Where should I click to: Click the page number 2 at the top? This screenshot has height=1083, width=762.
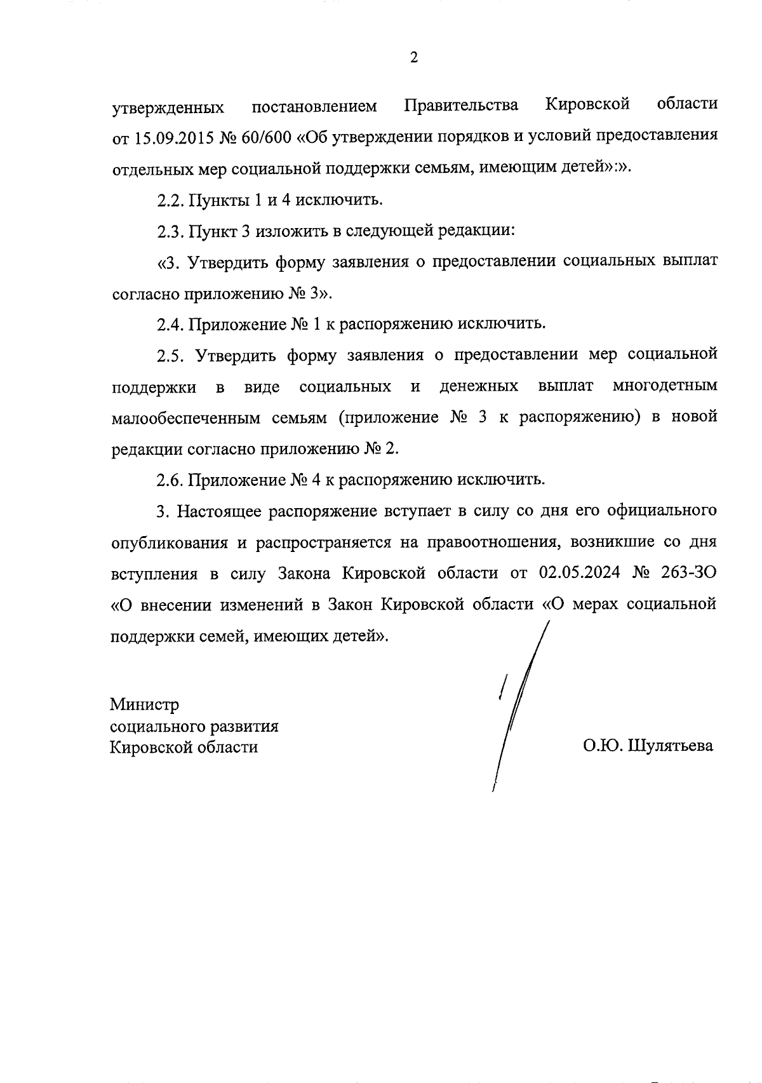414,58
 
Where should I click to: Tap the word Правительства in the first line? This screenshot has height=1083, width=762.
461,105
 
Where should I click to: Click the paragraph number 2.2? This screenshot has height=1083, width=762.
170,201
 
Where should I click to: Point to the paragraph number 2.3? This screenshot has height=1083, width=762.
170,232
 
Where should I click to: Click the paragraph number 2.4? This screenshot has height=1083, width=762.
170,325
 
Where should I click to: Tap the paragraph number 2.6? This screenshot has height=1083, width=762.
170,480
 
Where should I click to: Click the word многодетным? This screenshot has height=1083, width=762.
665,387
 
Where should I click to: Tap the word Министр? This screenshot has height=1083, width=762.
145,705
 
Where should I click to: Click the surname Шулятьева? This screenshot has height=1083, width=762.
670,746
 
